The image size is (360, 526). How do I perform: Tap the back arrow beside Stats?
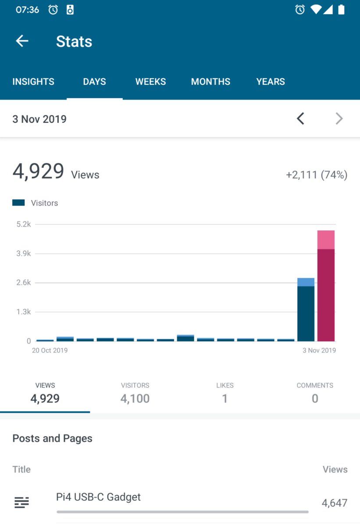click(x=22, y=41)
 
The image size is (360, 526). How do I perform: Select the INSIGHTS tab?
click(x=33, y=82)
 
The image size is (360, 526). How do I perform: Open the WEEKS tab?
click(x=150, y=82)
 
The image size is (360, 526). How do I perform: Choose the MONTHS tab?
click(x=210, y=82)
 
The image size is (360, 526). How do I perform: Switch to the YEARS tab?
click(x=271, y=82)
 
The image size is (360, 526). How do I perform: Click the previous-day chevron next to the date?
click(x=300, y=118)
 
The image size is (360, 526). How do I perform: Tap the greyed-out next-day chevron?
click(x=339, y=118)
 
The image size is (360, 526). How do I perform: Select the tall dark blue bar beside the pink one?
click(x=306, y=311)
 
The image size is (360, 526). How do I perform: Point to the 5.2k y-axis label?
click(x=24, y=224)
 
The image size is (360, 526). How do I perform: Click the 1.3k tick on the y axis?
click(x=24, y=312)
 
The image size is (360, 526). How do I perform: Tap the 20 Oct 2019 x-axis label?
click(x=50, y=350)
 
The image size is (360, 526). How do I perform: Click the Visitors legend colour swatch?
click(x=18, y=203)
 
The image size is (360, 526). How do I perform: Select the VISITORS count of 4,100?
click(x=135, y=398)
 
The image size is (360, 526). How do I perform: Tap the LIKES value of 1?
click(x=225, y=398)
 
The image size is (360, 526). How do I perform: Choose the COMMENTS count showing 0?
click(x=315, y=398)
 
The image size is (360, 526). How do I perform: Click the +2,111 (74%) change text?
click(x=316, y=175)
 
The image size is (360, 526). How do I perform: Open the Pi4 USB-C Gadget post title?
click(x=99, y=497)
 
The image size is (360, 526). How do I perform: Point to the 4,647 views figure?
click(x=335, y=503)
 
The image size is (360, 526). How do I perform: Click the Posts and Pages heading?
click(x=52, y=438)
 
